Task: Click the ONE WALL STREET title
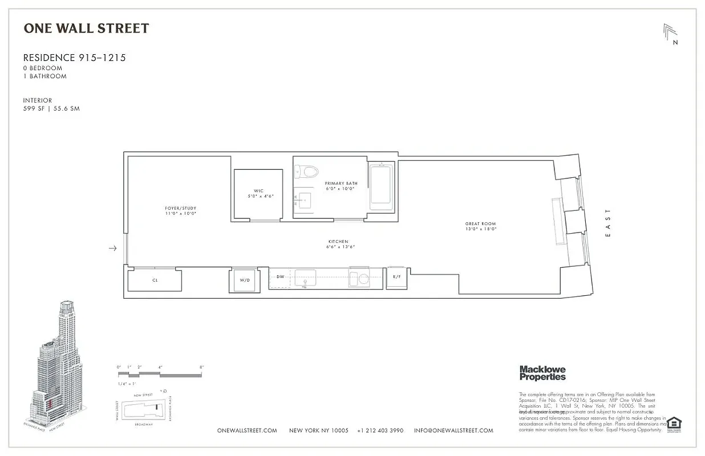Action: pos(86,28)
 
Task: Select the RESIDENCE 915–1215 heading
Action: pos(74,58)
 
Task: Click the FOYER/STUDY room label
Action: pos(180,208)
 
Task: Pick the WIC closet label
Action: pos(258,191)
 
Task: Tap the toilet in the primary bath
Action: pos(309,170)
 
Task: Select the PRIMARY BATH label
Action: pos(341,184)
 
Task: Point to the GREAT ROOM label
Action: pos(480,224)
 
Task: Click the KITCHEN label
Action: pos(338,242)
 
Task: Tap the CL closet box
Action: pos(155,280)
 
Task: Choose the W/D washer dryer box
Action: pos(244,280)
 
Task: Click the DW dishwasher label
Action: pos(280,277)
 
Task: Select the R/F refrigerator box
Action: pos(395,277)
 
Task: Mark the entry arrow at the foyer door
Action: pos(113,248)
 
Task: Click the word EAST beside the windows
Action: pos(607,222)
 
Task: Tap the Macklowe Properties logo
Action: pos(542,373)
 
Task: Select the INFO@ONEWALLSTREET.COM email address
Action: pos(453,430)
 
